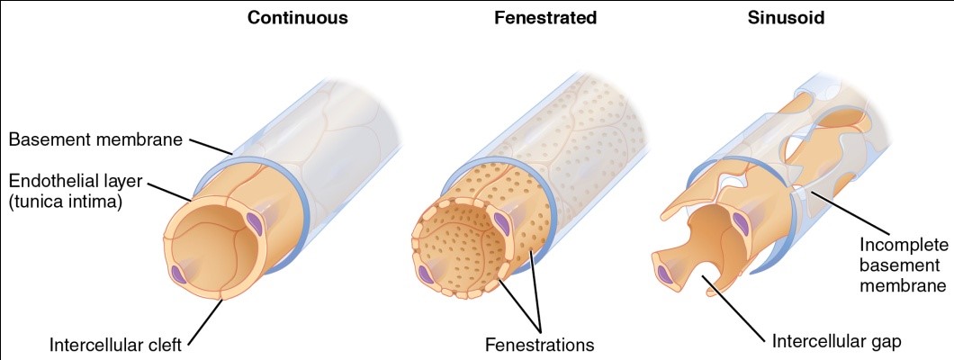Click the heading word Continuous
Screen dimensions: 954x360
pyautogui.click(x=298, y=18)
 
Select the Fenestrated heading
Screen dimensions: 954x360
pyautogui.click(x=545, y=18)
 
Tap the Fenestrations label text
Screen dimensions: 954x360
pyautogui.click(x=540, y=344)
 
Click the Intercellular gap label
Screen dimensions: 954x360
pyautogui.click(x=836, y=341)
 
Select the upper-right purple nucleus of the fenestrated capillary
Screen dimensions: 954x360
pyautogui.click(x=505, y=219)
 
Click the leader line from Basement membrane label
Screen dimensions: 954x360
pyautogui.click(x=213, y=146)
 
